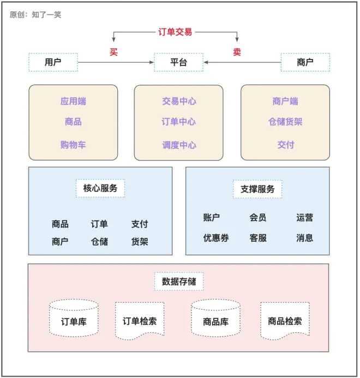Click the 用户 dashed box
pyautogui.click(x=53, y=62)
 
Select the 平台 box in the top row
pyautogui.click(x=178, y=62)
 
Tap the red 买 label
pyautogui.click(x=113, y=52)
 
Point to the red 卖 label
pyautogui.click(x=237, y=52)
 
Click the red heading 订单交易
pyautogui.click(x=175, y=32)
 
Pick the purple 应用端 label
pyautogui.click(x=73, y=101)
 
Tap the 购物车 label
pyautogui.click(x=73, y=145)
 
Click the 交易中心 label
pyautogui.click(x=178, y=101)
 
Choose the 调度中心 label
pyautogui.click(x=178, y=145)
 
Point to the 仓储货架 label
pyautogui.click(x=285, y=122)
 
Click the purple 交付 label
pyautogui.click(x=285, y=145)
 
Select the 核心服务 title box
pyautogui.click(x=100, y=188)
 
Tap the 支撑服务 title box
pyautogui.click(x=257, y=189)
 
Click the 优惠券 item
pyautogui.click(x=216, y=238)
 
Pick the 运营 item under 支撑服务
pyautogui.click(x=305, y=218)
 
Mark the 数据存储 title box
pyautogui.click(x=179, y=281)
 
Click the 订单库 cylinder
pyautogui.click(x=74, y=321)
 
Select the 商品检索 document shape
pyautogui.click(x=285, y=321)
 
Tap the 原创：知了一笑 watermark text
pyautogui.click(x=35, y=15)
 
